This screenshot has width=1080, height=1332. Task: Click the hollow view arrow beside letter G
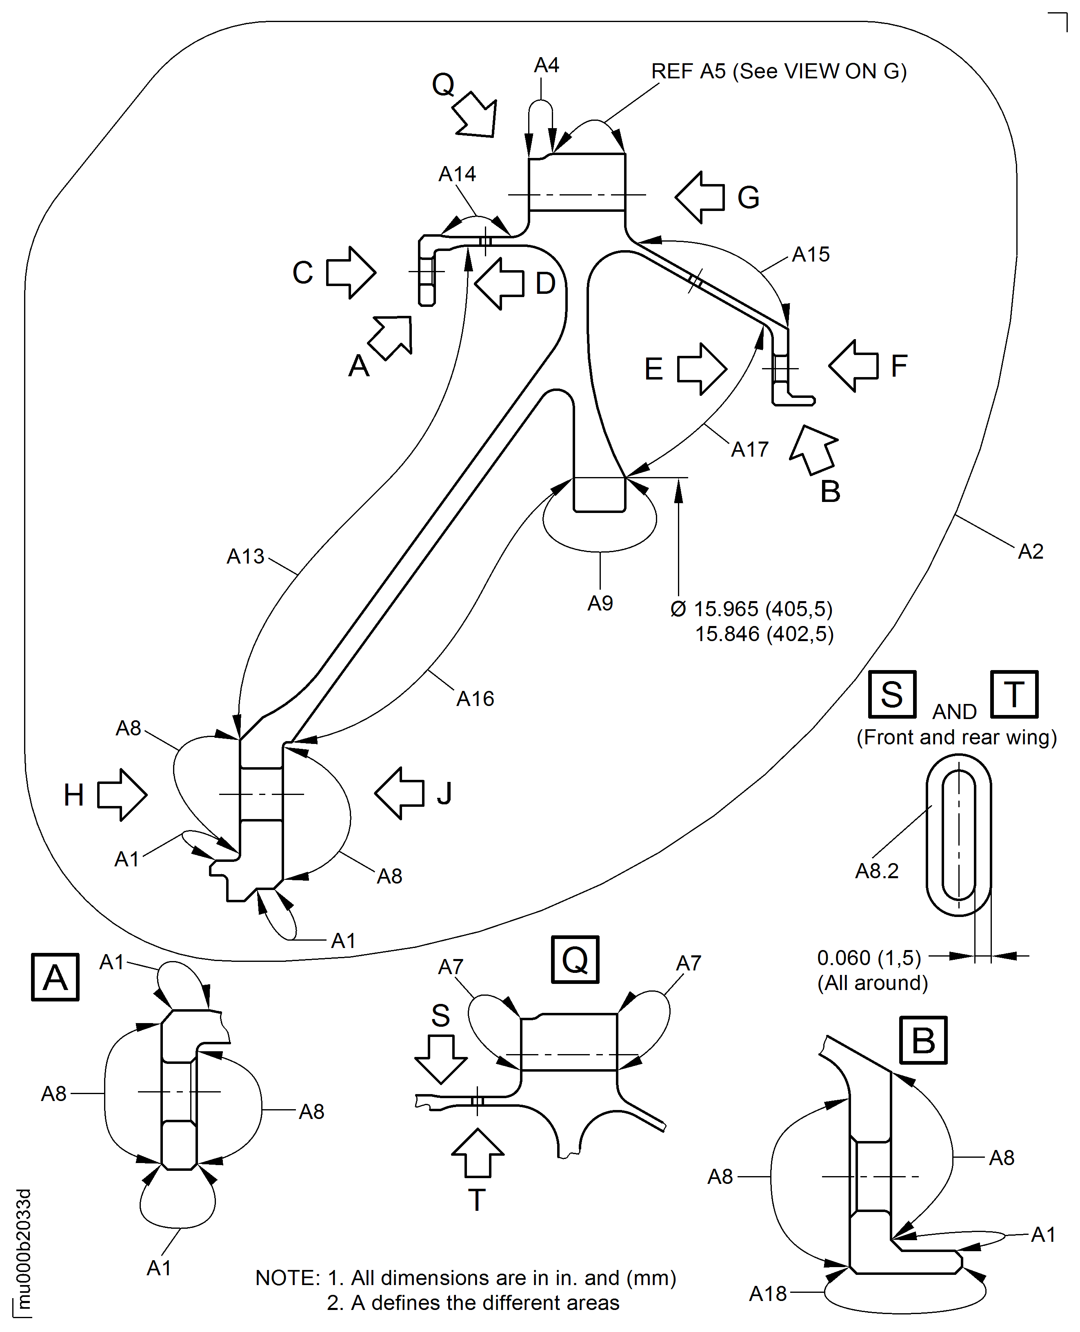700,197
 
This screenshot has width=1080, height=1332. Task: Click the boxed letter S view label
892,694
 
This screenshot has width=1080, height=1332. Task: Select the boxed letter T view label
1014,694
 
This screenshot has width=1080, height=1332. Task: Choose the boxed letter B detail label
923,1040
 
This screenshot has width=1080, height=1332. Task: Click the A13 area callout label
246,557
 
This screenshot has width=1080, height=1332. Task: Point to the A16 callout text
475,699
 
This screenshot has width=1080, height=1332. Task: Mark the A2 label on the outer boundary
1030,552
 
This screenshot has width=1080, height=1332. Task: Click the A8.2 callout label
877,871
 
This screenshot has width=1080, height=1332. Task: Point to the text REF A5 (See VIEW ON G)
779,71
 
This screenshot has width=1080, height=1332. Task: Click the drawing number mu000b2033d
24,1250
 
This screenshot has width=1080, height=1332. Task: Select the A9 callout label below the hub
600,603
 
